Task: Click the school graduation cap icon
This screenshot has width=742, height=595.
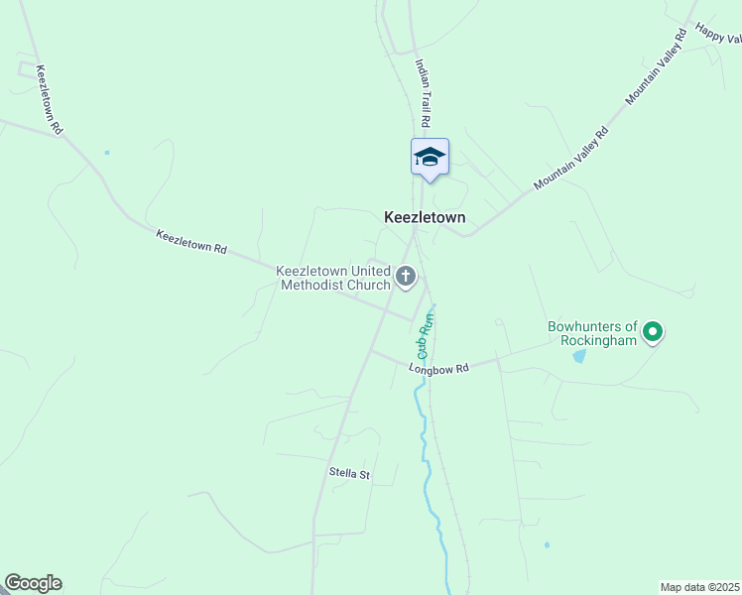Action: pyautogui.click(x=430, y=157)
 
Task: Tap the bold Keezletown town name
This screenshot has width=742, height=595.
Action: pyautogui.click(x=425, y=217)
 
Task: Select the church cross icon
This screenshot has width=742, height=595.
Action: pyautogui.click(x=406, y=275)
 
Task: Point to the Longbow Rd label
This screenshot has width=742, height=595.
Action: pyautogui.click(x=438, y=369)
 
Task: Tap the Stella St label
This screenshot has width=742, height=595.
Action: pyautogui.click(x=349, y=474)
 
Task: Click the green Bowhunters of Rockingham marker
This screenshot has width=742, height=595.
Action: pyautogui.click(x=652, y=331)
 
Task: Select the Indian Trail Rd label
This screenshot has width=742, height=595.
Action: pyautogui.click(x=424, y=91)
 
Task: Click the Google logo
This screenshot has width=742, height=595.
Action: pyautogui.click(x=33, y=583)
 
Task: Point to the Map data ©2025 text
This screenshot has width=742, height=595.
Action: pyautogui.click(x=700, y=587)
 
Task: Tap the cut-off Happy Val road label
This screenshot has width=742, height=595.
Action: pyautogui.click(x=718, y=33)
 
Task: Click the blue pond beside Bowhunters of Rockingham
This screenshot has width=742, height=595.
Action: pyautogui.click(x=578, y=356)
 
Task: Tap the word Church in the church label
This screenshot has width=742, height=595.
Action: pyautogui.click(x=369, y=286)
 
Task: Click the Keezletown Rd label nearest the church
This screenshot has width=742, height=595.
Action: pyautogui.click(x=191, y=242)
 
